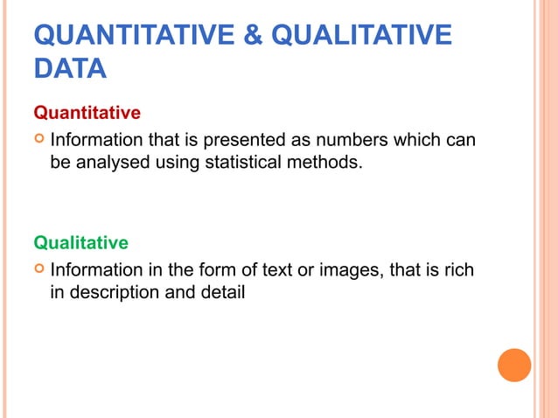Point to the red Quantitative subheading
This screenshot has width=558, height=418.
(87, 114)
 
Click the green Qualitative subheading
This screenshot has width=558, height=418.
(80, 242)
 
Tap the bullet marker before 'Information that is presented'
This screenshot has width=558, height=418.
(38, 140)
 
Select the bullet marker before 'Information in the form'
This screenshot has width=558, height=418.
(38, 269)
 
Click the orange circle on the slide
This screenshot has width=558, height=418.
(514, 365)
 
